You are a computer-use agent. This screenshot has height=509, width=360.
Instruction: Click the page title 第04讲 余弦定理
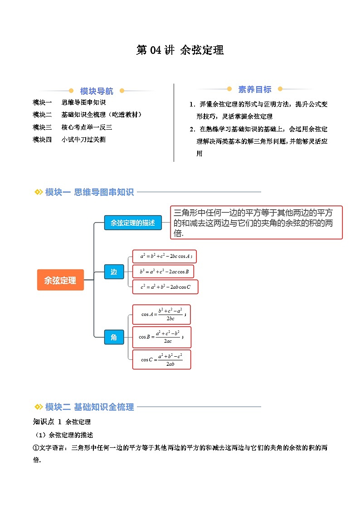180,50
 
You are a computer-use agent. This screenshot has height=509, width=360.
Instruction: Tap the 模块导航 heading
97,91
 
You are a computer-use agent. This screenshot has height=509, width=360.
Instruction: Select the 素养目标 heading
254,89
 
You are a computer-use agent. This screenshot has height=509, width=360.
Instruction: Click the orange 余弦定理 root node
60,280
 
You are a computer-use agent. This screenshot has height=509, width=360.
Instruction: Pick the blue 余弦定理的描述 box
133,223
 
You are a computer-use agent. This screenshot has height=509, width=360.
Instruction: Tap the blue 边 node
114,271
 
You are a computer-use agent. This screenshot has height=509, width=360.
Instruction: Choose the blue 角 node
114,337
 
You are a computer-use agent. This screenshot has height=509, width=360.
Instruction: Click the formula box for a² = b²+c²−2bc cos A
164,257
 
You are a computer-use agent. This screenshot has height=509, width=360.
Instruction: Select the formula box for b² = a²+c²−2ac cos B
163,271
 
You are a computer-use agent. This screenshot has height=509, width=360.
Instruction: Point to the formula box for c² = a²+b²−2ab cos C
165,287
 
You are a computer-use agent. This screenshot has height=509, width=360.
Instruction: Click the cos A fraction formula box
161,314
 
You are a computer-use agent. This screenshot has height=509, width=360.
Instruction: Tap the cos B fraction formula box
161,337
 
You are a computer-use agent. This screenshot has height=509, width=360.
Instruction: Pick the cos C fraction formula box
161,359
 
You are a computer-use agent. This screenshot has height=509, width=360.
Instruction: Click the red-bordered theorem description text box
257,223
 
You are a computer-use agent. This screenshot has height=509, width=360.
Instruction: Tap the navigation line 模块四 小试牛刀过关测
69,140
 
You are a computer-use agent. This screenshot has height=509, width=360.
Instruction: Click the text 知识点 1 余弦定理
62,422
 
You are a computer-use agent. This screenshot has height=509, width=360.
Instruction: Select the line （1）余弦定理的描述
63,435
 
